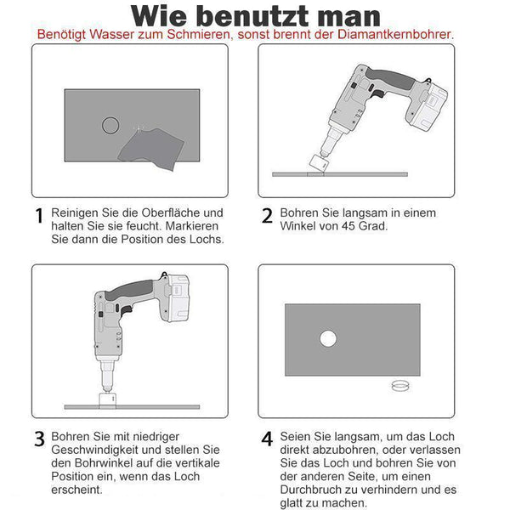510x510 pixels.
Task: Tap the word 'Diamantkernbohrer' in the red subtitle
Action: (x=395, y=34)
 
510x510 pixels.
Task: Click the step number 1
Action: (x=39, y=216)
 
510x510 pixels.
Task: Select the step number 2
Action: (x=267, y=216)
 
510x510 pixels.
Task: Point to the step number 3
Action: (x=39, y=439)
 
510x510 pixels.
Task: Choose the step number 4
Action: (x=267, y=439)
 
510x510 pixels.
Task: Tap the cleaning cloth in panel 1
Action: (x=151, y=149)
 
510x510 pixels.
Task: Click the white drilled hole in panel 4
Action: (x=328, y=338)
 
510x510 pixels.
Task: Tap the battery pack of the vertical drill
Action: (x=178, y=297)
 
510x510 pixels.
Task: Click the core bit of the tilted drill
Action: (x=318, y=163)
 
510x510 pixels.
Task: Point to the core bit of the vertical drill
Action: (x=107, y=399)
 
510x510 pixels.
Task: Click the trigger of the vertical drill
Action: (x=126, y=311)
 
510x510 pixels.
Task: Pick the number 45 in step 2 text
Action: (x=348, y=226)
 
